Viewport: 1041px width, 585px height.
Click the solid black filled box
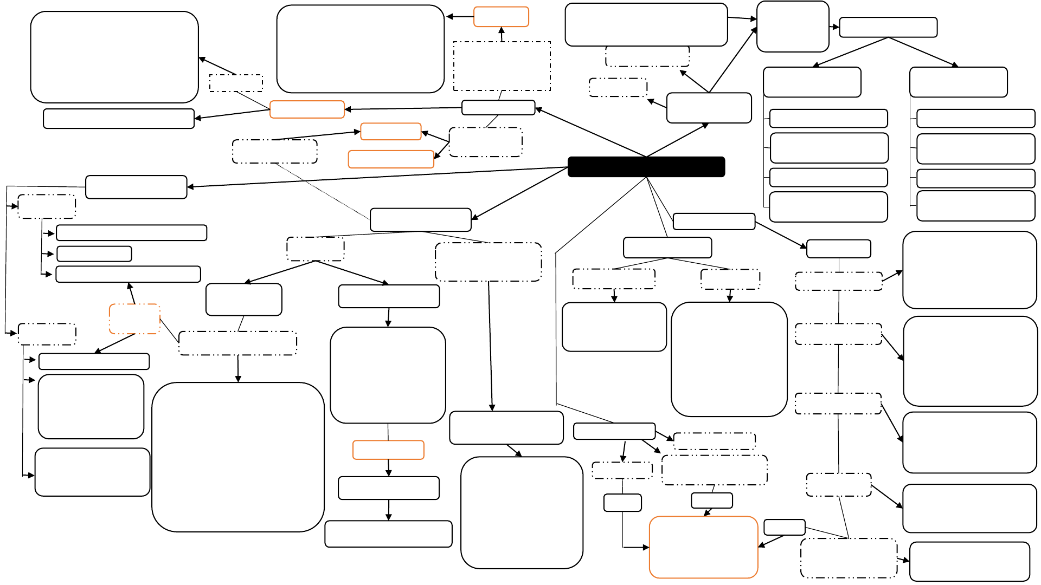(x=646, y=167)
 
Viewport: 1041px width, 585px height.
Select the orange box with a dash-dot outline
(x=134, y=318)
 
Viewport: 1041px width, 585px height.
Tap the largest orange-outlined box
(x=703, y=547)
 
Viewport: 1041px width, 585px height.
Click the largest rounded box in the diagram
(x=237, y=457)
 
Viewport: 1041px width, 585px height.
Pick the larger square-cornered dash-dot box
(x=502, y=66)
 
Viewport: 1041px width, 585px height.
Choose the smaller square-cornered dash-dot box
(x=236, y=83)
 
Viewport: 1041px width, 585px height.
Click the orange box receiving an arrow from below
(x=501, y=17)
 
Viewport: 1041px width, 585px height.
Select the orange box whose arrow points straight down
(x=388, y=450)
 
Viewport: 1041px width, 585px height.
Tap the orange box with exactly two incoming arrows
(x=390, y=132)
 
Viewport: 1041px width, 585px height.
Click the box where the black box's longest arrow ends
(x=136, y=187)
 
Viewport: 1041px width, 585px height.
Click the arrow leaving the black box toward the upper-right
(x=678, y=140)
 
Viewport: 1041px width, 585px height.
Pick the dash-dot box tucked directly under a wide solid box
(x=647, y=56)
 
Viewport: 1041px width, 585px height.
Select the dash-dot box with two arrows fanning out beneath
(x=315, y=249)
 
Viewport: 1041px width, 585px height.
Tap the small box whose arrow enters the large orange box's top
(x=711, y=500)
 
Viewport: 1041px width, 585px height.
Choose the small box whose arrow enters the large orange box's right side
(x=784, y=527)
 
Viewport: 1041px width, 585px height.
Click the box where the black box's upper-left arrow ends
(x=498, y=108)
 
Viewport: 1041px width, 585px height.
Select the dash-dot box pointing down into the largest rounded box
(x=237, y=343)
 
